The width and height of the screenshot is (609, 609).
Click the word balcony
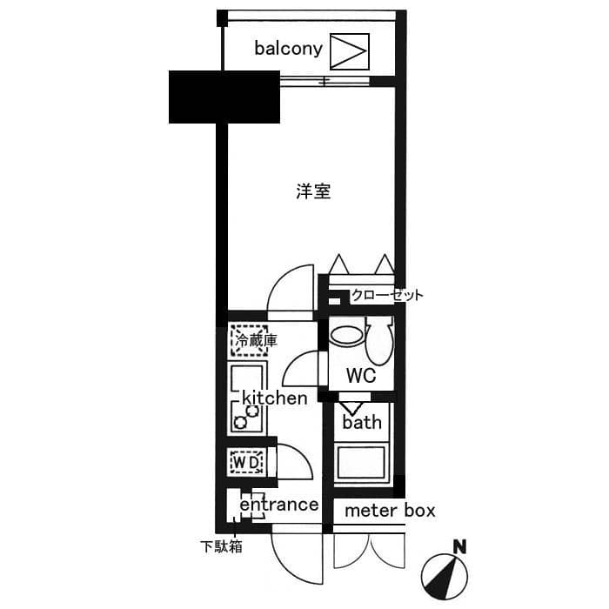tap(289, 48)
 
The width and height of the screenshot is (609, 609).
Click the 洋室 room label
tap(312, 191)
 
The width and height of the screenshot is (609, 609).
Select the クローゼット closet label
tap(387, 295)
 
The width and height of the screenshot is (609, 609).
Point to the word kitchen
tap(274, 398)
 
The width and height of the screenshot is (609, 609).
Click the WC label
tap(360, 377)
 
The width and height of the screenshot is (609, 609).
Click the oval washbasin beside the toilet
tap(348, 334)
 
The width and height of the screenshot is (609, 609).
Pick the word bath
tap(362, 423)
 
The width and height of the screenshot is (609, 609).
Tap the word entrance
tap(278, 505)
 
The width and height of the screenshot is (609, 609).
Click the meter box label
tap(390, 511)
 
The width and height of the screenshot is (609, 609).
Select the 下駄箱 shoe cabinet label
tap(221, 547)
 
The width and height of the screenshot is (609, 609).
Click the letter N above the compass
tap(458, 547)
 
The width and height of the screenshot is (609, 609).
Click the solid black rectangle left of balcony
tap(224, 97)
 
